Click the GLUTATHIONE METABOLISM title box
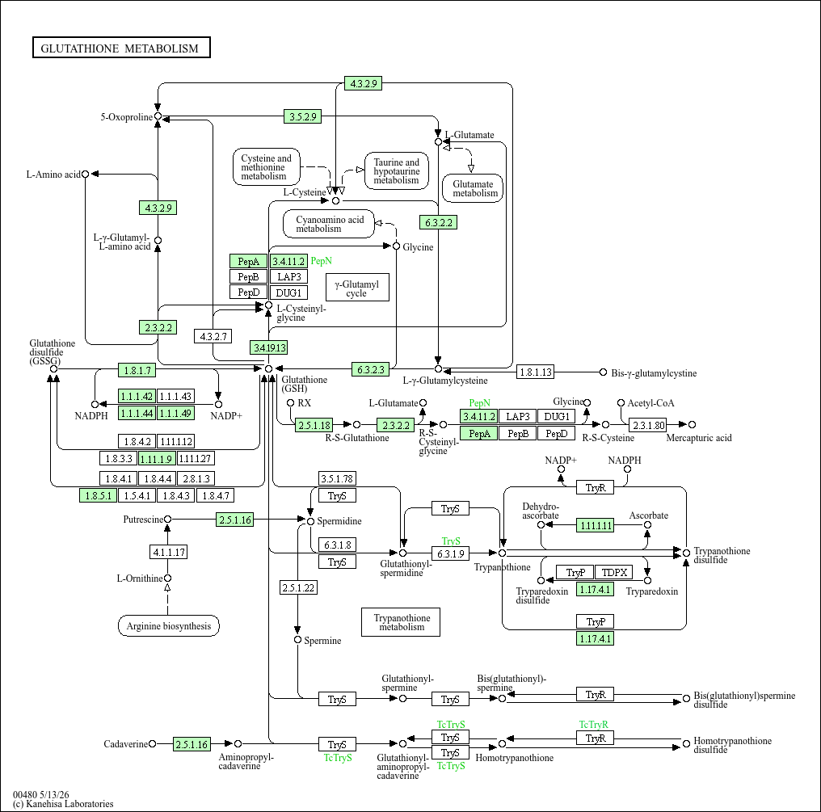tap(121, 48)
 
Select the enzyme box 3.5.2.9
tap(303, 116)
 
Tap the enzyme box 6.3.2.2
tap(438, 222)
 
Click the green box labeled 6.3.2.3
tap(371, 369)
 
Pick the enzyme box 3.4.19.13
tap(269, 347)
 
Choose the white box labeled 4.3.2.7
tap(213, 336)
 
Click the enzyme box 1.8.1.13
tap(535, 372)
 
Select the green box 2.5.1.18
tap(314, 425)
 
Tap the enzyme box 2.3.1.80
tap(648, 425)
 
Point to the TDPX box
tap(614, 572)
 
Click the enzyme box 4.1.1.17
tap(169, 552)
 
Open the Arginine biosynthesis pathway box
tap(169, 625)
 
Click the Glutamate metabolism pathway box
tap(473, 188)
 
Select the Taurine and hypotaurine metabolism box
tap(397, 171)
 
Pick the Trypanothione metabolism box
tap(401, 622)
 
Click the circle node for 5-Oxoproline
tap(158, 116)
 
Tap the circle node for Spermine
tap(298, 640)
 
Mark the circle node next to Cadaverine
tap(153, 743)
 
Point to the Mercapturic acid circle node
tap(693, 425)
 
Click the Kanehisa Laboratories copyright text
tap(63, 804)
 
